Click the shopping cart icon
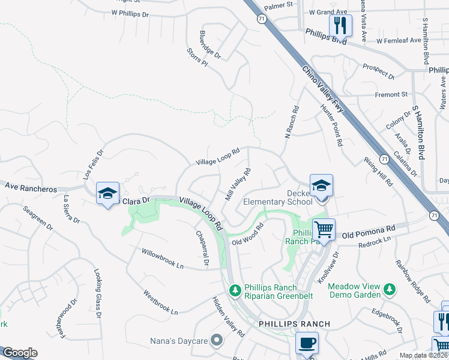point(324,229)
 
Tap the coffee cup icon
point(307,343)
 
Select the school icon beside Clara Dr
point(107,193)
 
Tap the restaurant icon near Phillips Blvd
point(340,25)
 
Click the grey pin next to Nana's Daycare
point(217,341)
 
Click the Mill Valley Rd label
point(237,184)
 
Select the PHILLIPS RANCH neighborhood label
point(294,324)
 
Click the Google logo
point(20,353)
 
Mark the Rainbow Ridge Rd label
point(413,280)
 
